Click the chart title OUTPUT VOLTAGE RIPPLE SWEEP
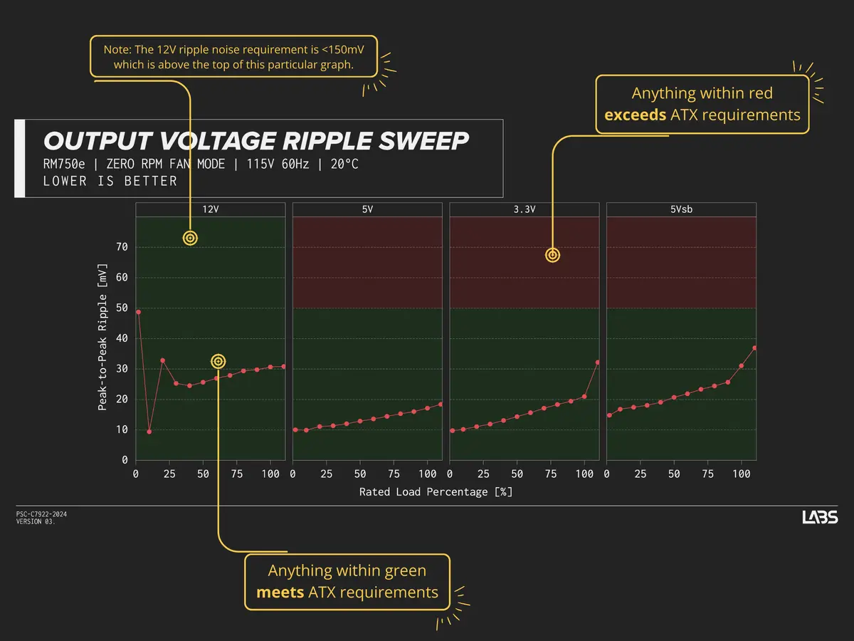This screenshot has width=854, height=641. [256, 141]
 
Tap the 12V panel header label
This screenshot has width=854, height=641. [211, 209]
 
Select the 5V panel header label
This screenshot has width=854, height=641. [367, 209]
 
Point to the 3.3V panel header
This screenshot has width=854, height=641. [524, 209]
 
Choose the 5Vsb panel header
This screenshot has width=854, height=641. [681, 209]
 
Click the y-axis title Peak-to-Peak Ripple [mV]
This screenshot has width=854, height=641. [102, 338]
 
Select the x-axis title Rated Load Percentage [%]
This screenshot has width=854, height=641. [436, 492]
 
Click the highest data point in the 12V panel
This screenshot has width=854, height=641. [138, 312]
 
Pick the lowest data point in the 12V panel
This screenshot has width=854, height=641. [149, 432]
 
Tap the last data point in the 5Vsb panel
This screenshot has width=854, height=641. [754, 348]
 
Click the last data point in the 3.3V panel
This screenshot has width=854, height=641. [597, 363]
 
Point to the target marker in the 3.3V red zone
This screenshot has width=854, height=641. [552, 255]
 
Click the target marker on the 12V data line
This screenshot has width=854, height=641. [218, 362]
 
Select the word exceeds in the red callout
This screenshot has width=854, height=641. [636, 115]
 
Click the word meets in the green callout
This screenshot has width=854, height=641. [280, 593]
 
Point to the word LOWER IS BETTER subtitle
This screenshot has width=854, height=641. [110, 181]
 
